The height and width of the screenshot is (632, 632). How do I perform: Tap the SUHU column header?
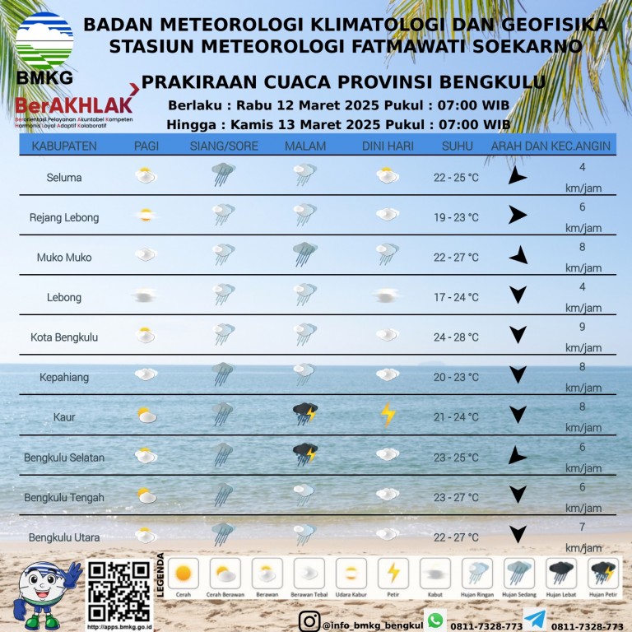coord(457,146)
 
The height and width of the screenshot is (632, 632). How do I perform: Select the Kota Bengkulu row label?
coord(64,337)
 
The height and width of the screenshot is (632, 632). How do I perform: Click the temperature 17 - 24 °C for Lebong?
coord(456,297)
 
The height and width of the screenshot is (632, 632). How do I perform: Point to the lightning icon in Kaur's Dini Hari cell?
coord(388,415)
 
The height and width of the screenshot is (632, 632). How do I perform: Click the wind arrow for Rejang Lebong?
coord(517,216)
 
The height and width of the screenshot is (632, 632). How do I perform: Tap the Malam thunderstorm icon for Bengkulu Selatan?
coord(305,453)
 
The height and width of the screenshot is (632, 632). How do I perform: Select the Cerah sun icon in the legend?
coord(183,571)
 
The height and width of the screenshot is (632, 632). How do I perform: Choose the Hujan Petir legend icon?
coord(603,571)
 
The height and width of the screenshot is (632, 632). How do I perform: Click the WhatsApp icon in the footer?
coord(434,620)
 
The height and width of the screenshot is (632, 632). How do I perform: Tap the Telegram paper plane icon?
coord(534,620)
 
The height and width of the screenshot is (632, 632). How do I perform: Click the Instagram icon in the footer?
coord(309,621)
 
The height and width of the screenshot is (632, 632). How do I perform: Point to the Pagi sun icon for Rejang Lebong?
coord(146,216)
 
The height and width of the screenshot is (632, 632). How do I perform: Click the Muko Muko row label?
coord(64,258)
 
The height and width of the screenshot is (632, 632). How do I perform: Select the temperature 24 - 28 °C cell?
coord(456,337)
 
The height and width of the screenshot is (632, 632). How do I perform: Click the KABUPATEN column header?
coord(64,146)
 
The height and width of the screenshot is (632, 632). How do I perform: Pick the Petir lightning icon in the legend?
coord(393,571)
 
